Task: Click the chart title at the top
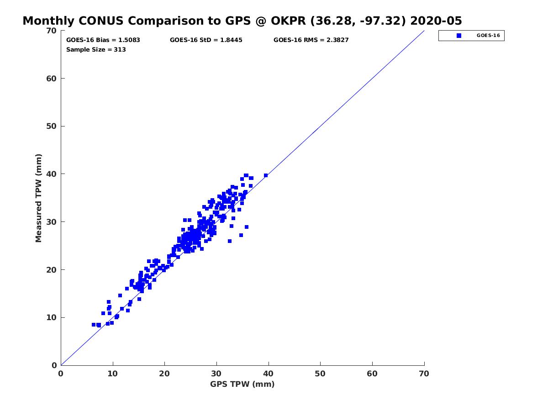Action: coord(242,21)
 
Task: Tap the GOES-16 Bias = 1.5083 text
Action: coord(103,40)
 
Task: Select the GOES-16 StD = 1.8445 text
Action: coord(206,40)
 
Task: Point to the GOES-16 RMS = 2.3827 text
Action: coord(311,40)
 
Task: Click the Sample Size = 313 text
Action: coord(96,49)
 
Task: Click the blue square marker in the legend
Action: coord(459,36)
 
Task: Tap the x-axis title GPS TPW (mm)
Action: coord(242,384)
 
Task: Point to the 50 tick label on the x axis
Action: coord(321,374)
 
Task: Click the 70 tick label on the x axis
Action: coord(424,374)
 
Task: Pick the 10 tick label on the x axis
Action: coord(113,374)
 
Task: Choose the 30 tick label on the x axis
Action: coord(216,374)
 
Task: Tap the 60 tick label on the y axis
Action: coord(52,79)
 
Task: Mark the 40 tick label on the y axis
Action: coord(52,174)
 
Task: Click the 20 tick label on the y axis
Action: coord(52,270)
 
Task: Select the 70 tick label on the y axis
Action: coord(52,31)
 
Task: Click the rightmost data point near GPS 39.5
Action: coord(266,175)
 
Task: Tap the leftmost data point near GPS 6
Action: coord(94,325)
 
